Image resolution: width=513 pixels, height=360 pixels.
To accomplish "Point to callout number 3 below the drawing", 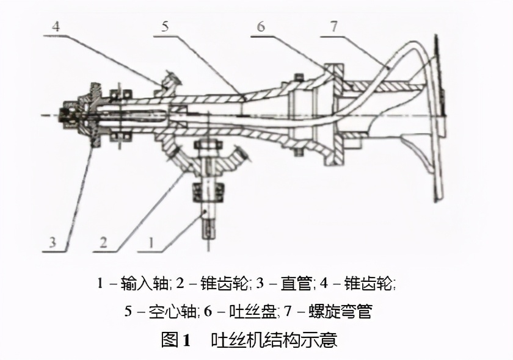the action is tap(53, 242).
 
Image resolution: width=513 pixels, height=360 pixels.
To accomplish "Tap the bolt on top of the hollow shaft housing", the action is tap(297, 77).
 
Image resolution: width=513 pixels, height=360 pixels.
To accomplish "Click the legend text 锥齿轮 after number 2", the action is tap(225, 284).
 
